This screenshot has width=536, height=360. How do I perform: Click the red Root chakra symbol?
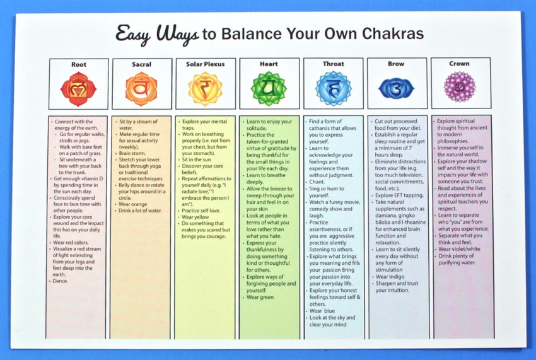tap(78, 89)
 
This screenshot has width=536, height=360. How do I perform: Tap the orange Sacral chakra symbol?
tap(141, 89)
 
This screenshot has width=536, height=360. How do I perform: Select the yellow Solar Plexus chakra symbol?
tap(205, 88)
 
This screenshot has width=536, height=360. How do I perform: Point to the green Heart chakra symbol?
tap(269, 88)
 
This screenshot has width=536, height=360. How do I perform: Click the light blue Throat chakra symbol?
tap(333, 88)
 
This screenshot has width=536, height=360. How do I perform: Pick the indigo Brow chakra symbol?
tap(396, 88)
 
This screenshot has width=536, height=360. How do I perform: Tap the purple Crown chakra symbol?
tap(460, 87)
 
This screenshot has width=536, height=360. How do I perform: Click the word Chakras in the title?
tap(393, 33)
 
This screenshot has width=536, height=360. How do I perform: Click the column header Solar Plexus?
tap(205, 64)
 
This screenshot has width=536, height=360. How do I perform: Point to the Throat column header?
tap(334, 64)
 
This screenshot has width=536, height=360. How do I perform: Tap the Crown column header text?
tap(459, 63)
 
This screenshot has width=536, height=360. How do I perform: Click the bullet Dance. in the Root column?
tap(61, 281)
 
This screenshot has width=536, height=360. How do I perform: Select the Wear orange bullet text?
tap(132, 204)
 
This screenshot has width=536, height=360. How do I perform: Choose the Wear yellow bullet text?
tap(195, 217)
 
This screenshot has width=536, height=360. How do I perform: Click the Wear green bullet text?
tap(260, 297)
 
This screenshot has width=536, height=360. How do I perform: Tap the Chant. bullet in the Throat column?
tap(317, 182)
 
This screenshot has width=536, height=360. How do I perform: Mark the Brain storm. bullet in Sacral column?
tap(132, 153)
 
